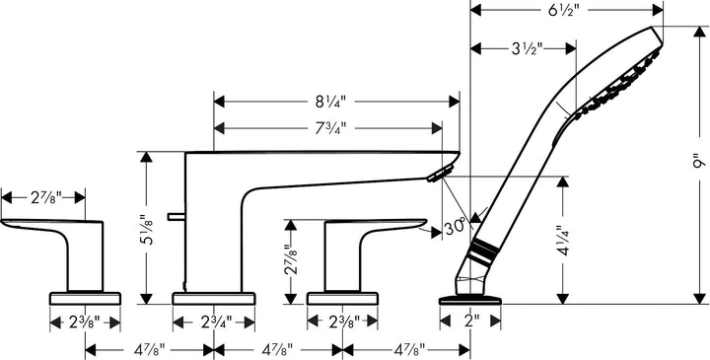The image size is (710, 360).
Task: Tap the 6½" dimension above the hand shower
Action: pos(565,11)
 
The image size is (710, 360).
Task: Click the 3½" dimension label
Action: pos(523,47)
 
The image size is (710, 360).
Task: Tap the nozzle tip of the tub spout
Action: pos(437,175)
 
